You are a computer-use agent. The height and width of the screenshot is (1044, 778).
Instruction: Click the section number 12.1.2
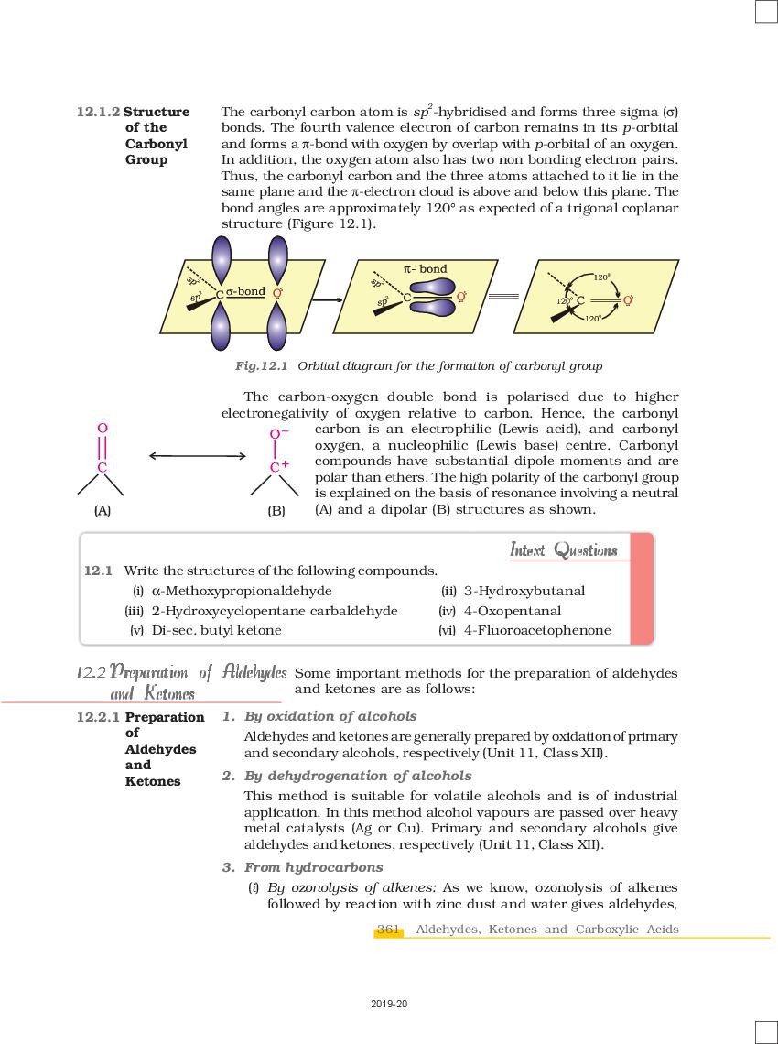point(98,112)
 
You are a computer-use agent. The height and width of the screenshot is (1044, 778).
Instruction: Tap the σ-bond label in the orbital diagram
point(245,291)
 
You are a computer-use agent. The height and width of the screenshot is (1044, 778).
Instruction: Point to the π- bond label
point(426,269)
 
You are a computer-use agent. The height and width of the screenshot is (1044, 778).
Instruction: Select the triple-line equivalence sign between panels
point(502,297)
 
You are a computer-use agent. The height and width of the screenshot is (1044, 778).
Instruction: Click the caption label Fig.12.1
point(262,366)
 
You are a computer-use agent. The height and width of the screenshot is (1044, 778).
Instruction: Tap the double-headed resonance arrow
point(197,455)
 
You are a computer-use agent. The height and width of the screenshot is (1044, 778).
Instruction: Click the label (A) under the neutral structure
point(103,510)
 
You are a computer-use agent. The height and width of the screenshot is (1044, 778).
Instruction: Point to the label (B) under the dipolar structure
point(276,510)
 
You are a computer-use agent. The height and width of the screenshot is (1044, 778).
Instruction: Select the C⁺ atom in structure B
point(278,467)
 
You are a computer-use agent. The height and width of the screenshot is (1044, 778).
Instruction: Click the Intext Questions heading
point(563,550)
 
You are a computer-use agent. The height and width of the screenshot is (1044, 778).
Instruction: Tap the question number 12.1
point(98,571)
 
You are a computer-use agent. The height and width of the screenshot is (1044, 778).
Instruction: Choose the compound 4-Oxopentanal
point(512,611)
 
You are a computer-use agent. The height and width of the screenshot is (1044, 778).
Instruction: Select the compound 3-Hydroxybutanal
point(524,591)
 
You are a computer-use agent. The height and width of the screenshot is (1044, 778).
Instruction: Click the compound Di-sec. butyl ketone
point(216,630)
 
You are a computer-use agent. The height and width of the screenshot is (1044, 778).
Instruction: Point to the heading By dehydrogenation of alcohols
point(358,776)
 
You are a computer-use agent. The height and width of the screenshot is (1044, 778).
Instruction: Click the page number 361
point(389,930)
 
